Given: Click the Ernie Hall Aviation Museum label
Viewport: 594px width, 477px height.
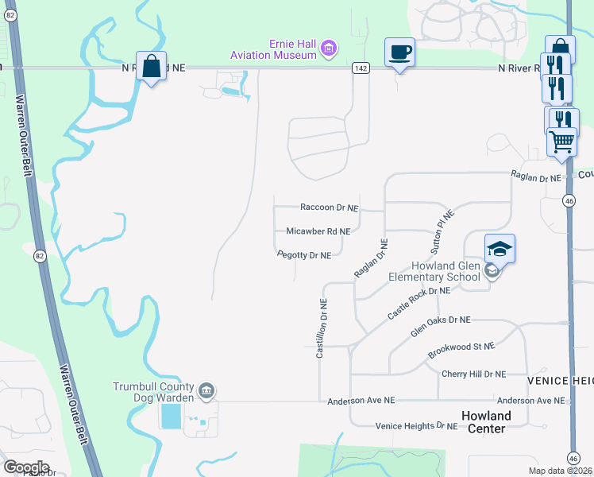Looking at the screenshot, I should pos(273,49).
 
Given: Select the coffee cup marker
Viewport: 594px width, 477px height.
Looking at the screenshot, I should pos(399,52).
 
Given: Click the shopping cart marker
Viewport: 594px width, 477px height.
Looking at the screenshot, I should pos(562,142).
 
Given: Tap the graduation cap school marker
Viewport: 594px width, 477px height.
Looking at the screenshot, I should pos(499,250).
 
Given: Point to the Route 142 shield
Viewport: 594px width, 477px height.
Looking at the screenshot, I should pos(361,69).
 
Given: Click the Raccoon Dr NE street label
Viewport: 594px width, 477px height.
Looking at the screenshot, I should pos(329,207).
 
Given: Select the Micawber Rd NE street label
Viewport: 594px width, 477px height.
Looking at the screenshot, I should pos(318,231).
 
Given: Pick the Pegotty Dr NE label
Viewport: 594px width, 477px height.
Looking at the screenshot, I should pos(303,255).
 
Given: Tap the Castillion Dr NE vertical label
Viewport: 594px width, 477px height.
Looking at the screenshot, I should pos(322,328).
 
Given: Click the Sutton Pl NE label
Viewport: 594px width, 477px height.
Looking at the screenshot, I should pos(442,227).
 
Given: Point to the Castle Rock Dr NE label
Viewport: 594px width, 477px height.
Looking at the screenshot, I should pos(418,304).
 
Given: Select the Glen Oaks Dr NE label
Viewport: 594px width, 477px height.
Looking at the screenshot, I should pos(441,320).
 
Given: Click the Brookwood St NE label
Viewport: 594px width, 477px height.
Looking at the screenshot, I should pos(461,347).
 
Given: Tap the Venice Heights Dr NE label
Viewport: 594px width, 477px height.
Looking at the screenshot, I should pos(417,426).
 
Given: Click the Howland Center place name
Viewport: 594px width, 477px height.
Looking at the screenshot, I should pos(487,422).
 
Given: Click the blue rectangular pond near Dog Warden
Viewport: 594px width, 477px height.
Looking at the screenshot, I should pos(170,416).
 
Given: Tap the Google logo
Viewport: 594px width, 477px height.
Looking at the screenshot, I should pos(26,467).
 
